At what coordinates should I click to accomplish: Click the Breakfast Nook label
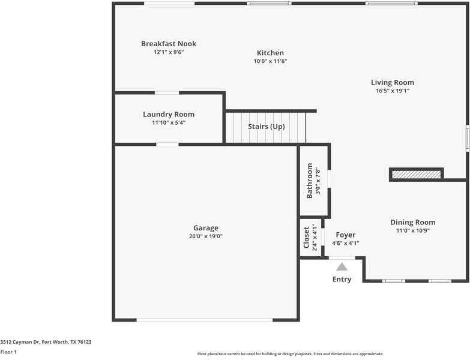point(169,44)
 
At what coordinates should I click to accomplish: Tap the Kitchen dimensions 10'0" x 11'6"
point(270,61)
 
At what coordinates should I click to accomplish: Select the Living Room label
point(393,82)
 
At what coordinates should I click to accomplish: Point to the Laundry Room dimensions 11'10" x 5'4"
point(169,122)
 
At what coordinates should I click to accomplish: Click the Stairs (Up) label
point(266,127)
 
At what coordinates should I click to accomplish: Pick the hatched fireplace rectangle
point(417,175)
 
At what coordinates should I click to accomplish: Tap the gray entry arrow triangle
point(342,266)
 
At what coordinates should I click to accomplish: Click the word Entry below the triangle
point(342,279)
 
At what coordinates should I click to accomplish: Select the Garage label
point(206,228)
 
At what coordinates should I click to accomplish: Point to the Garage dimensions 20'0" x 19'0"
point(206,236)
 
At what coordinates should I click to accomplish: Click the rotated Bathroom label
point(310,181)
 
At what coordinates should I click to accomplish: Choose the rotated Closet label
point(306,238)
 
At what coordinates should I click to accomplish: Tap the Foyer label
point(346,235)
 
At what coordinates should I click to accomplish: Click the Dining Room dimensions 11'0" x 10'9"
point(413,230)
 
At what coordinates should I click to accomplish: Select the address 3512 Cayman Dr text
point(20,342)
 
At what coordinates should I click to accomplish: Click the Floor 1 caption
point(8,352)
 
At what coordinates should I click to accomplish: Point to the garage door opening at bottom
point(205,320)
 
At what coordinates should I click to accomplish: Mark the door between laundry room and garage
point(167,145)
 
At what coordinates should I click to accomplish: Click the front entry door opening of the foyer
point(342,257)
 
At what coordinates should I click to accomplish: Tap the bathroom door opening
point(329,179)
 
